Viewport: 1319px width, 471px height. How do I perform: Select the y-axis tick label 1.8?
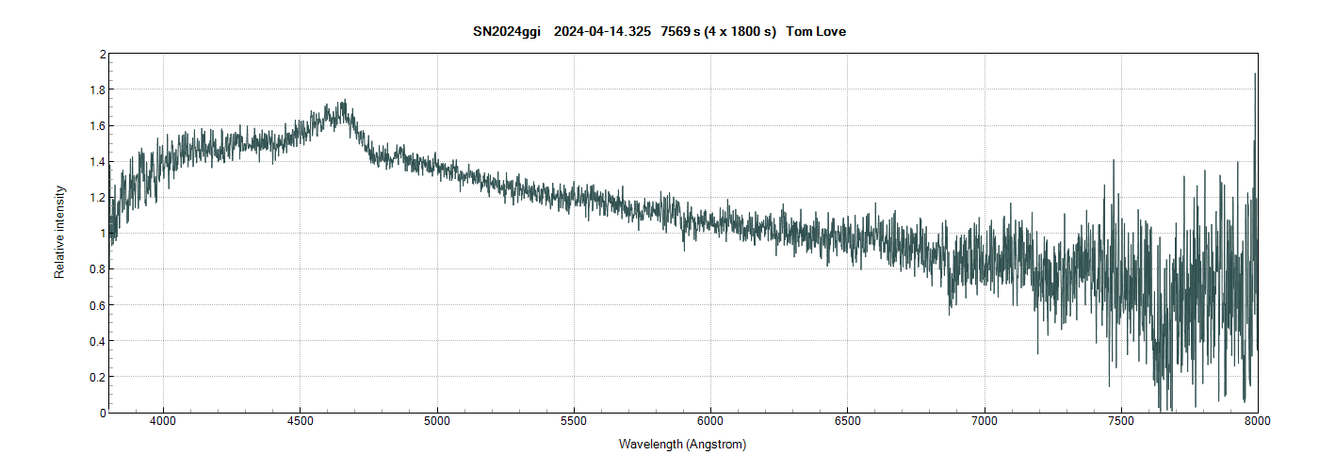(x=95, y=90)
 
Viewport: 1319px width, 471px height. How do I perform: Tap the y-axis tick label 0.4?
(x=95, y=341)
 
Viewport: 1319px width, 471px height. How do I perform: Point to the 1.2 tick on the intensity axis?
(x=95, y=198)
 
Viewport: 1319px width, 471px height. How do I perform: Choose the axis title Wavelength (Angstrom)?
(x=682, y=444)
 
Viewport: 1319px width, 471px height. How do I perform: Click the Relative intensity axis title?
(x=59, y=232)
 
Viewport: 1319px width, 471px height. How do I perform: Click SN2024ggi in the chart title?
(x=506, y=32)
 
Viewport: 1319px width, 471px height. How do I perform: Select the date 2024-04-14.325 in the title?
(x=603, y=32)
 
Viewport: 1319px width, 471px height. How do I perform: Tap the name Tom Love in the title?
(x=816, y=32)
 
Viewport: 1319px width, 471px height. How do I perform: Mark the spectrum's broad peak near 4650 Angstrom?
(x=343, y=102)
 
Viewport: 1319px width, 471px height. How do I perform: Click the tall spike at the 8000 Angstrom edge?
(x=1255, y=75)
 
